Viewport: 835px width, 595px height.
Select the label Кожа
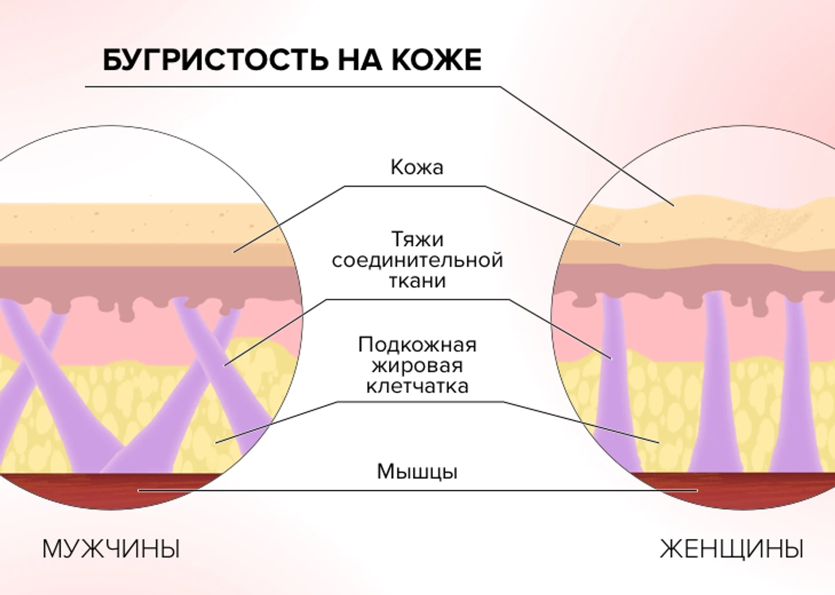tap(417, 167)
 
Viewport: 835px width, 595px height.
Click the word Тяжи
tap(417, 239)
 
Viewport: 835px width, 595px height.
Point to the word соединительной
tap(417, 260)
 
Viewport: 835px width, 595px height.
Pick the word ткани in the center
tap(417, 281)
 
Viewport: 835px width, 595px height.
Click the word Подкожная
tap(417, 344)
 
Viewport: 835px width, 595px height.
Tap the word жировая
tap(417, 366)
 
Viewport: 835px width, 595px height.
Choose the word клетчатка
tap(417, 386)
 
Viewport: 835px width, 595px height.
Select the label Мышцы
tap(417, 471)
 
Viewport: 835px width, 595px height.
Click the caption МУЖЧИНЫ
tap(111, 549)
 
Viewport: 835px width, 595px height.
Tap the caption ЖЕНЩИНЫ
tap(731, 549)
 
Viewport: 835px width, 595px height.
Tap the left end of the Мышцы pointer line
tap(139, 490)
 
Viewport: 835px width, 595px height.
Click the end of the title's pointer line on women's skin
tap(673, 204)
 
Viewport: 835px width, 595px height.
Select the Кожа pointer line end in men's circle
tap(234, 252)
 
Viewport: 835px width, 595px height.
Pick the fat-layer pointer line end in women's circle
tap(659, 442)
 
